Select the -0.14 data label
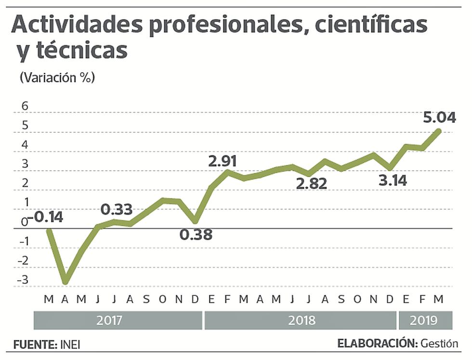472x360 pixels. point(45,217)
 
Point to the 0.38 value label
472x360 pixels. point(196,235)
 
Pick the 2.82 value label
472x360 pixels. point(311,183)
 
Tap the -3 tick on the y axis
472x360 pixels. point(23,280)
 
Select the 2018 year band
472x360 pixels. point(302,320)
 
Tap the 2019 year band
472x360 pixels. point(424,320)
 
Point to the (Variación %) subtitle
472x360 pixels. point(57,77)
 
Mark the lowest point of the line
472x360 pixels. point(65,282)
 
